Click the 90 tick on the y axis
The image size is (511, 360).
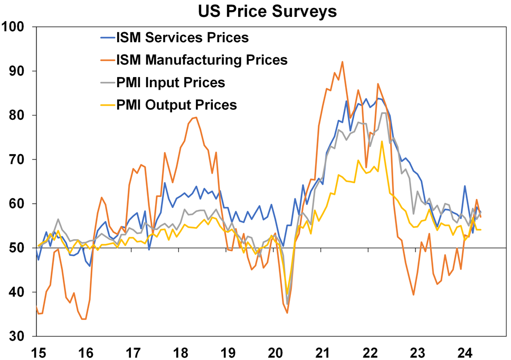(19, 71)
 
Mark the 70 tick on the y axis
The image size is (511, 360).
(19, 159)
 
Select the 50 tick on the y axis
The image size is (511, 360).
(19, 248)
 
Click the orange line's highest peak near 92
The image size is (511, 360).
(342, 62)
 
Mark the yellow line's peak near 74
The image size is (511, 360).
(382, 141)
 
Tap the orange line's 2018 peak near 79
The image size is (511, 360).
(195, 117)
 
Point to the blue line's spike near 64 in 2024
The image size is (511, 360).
(465, 186)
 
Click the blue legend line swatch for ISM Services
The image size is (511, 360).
(108, 37)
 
